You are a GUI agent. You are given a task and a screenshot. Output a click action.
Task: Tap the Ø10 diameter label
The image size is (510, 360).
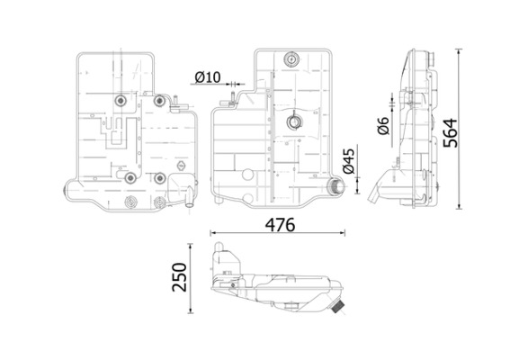pos(208,78)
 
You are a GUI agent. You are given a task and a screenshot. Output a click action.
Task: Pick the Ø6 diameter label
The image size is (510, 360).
pos(382,127)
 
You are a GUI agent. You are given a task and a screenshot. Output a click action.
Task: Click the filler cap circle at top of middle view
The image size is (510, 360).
pos(291,59)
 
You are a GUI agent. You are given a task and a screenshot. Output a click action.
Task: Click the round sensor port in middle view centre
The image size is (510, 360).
pos(292,122)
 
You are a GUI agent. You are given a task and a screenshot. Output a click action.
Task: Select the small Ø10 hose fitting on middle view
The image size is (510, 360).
pos(231,94)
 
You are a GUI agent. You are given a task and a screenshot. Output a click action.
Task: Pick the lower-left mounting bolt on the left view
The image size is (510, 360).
pos(130,176)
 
